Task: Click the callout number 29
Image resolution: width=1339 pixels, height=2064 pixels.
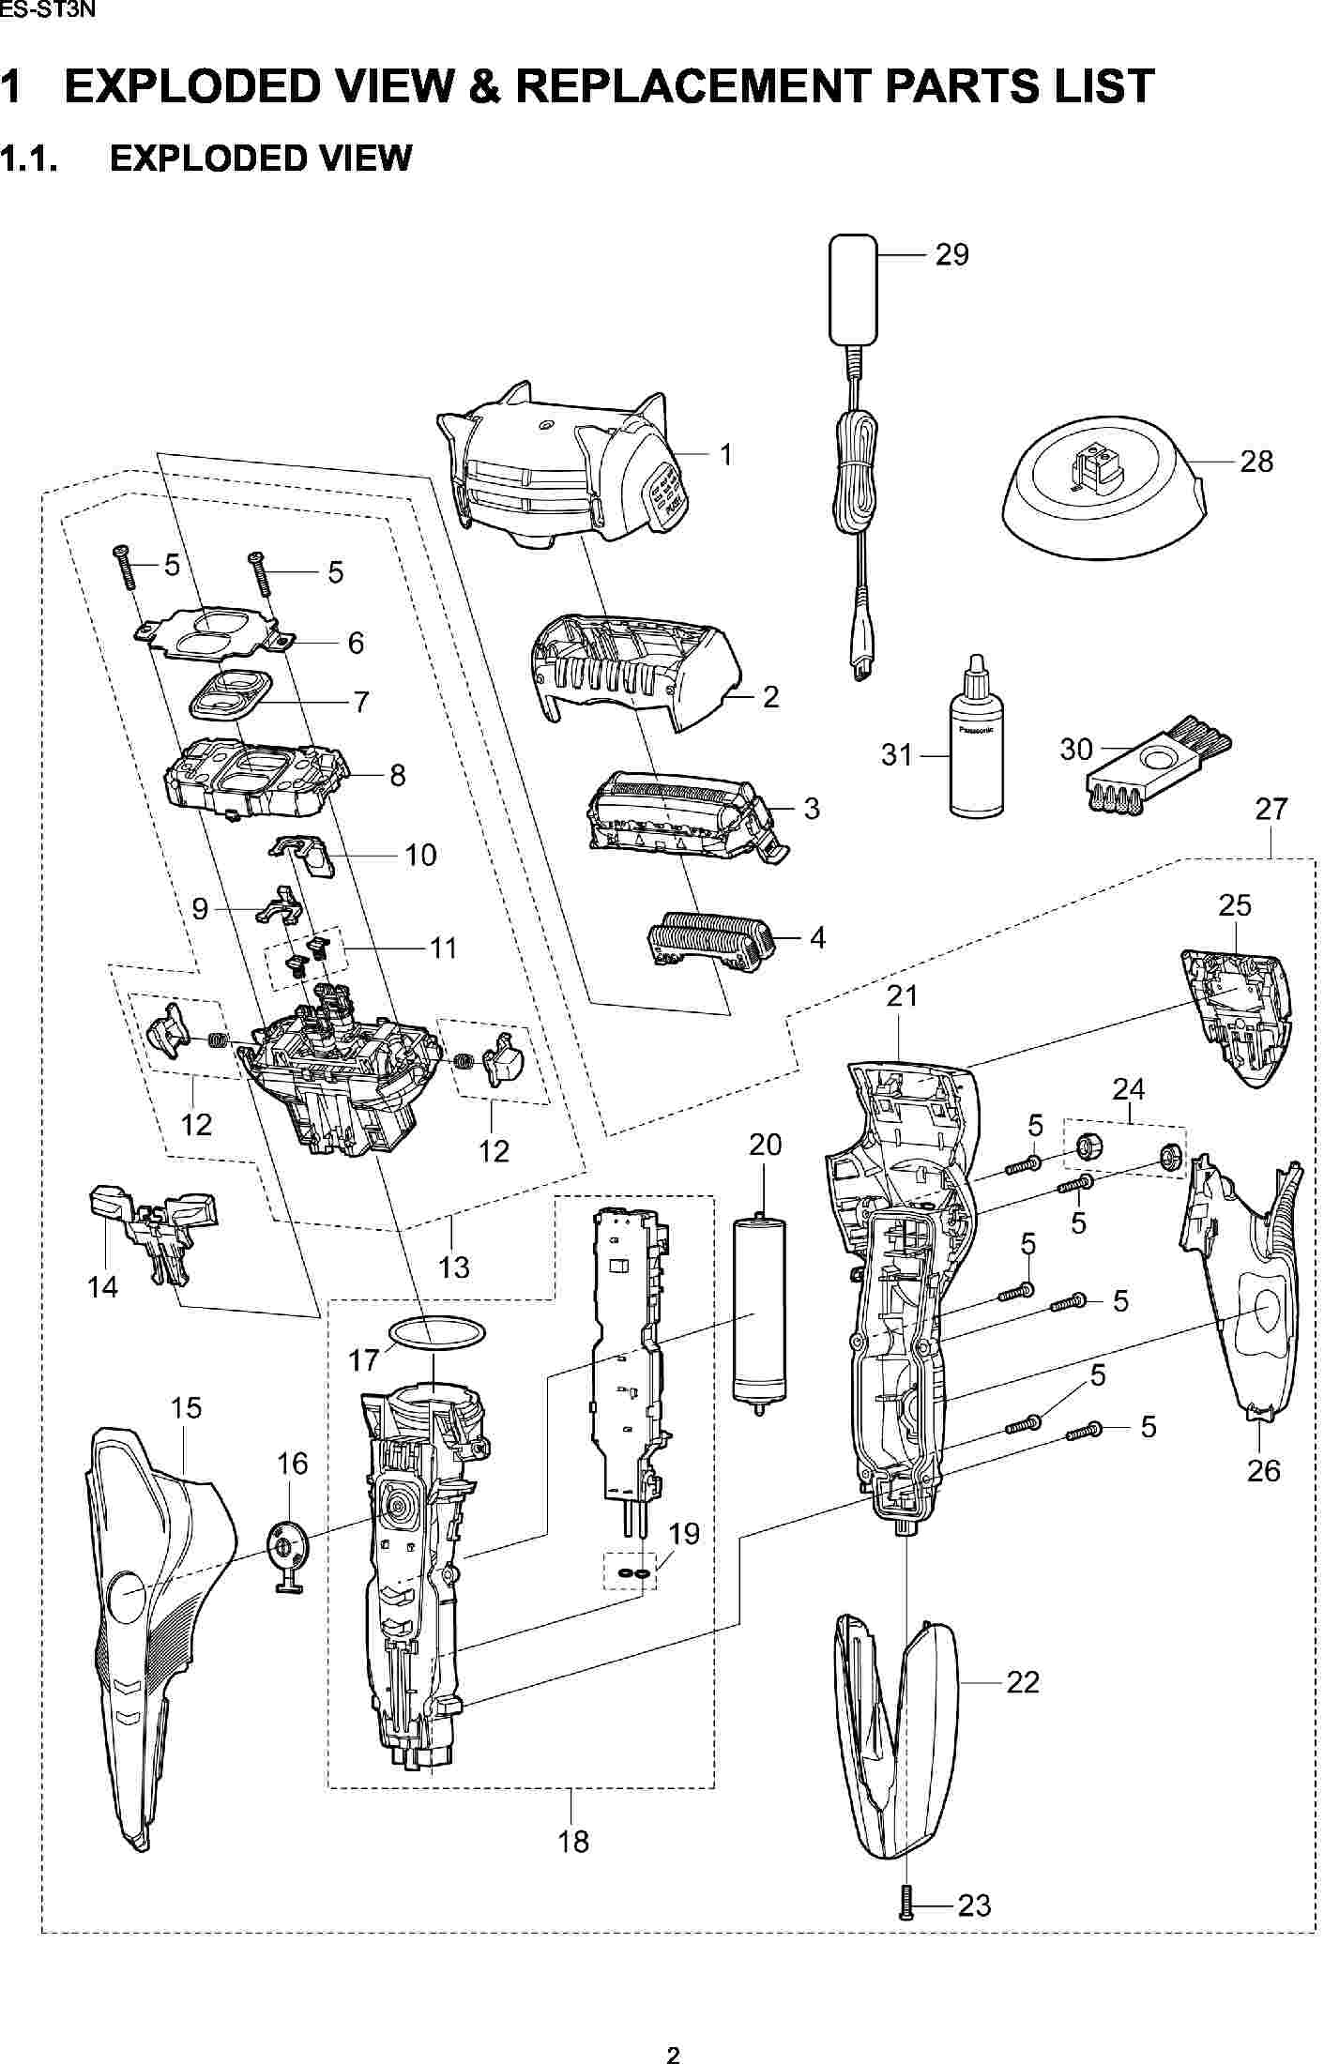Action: (x=951, y=255)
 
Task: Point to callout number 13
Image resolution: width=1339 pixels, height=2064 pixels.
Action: (x=454, y=1267)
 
